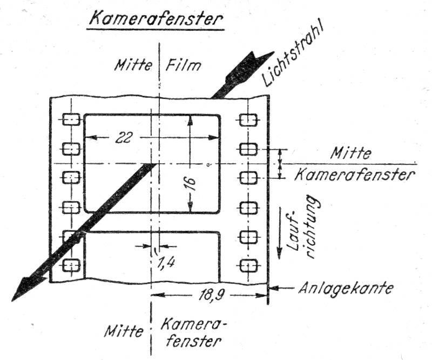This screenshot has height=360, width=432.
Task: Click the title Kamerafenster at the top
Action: tap(156, 19)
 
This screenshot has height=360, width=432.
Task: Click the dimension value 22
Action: tap(124, 137)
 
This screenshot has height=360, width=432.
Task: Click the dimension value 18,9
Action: tap(211, 296)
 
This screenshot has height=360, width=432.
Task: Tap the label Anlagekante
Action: tap(346, 288)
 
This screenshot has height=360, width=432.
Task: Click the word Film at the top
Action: tap(183, 65)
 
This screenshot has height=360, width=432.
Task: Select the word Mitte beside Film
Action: tap(133, 65)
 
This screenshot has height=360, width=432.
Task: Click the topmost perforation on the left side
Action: tap(71, 119)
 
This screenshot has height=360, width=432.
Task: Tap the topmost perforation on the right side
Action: tap(248, 119)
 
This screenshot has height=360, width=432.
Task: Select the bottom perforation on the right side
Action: tap(248, 265)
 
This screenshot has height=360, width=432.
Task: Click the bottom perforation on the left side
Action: tap(71, 265)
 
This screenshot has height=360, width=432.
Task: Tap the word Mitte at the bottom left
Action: tap(124, 330)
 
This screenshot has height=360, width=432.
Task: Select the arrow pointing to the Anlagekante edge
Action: tap(281, 288)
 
